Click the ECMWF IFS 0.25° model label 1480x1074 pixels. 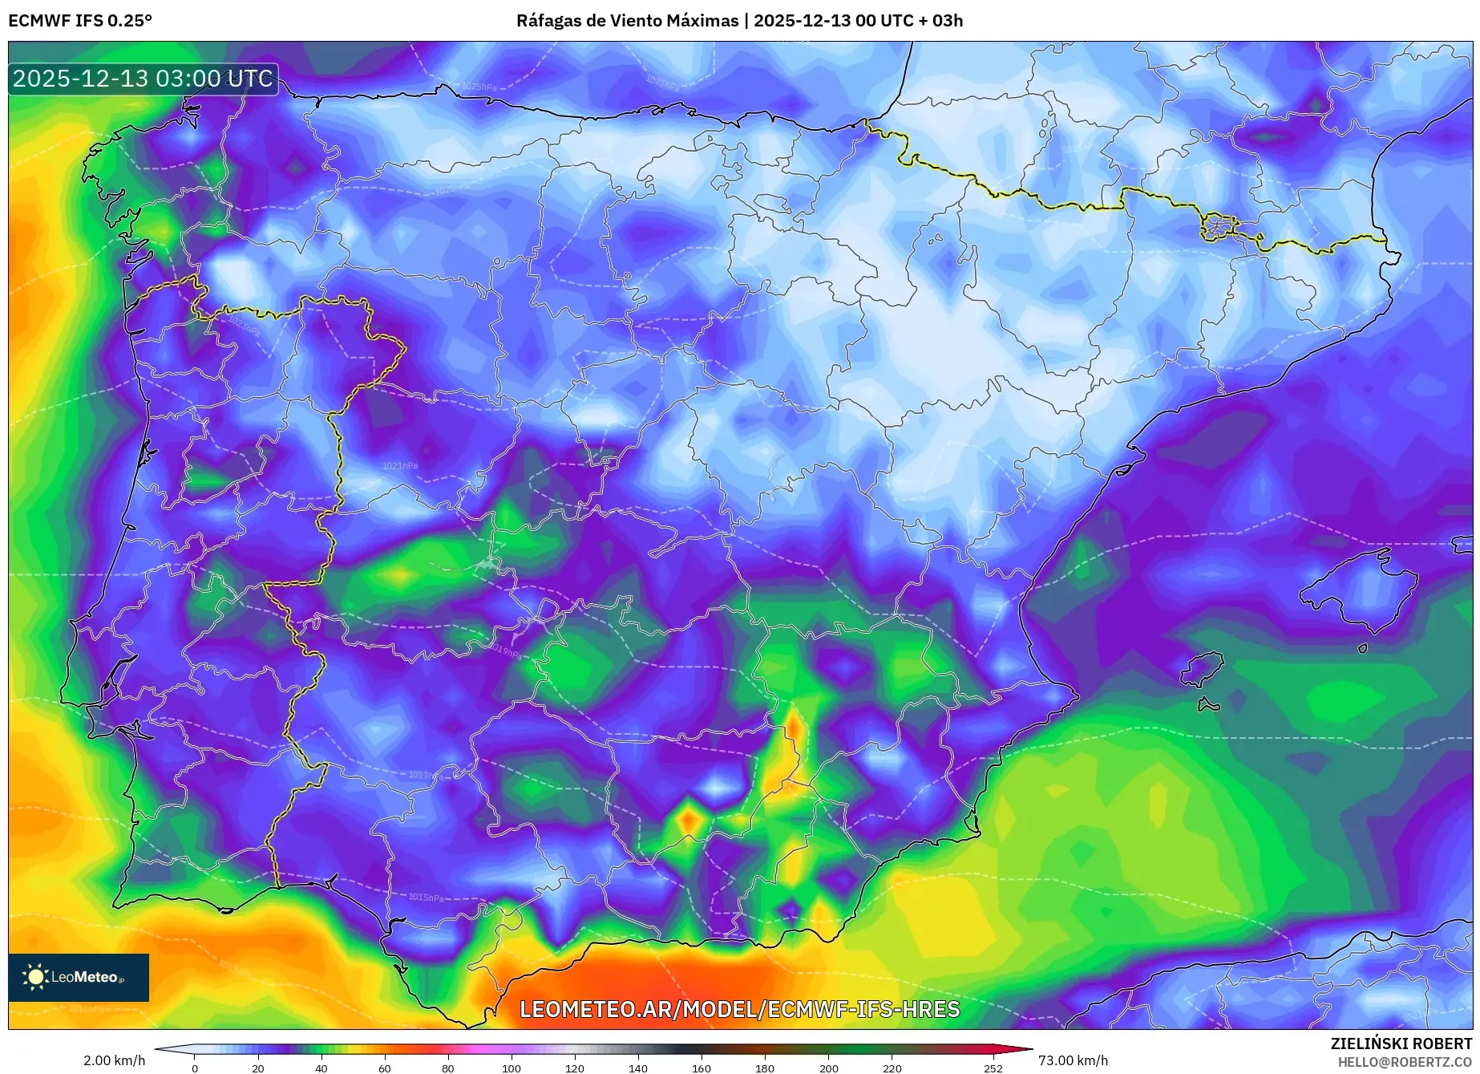tap(80, 21)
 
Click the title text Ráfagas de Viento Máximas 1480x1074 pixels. tap(627, 21)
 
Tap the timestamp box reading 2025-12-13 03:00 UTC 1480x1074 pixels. tap(143, 79)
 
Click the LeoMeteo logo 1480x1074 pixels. tap(78, 977)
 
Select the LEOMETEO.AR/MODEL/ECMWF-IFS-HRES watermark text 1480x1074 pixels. tap(739, 1009)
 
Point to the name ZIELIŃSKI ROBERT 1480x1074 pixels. tap(1401, 1044)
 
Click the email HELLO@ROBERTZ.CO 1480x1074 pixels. tap(1404, 1062)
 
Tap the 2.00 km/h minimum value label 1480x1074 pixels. tap(114, 1060)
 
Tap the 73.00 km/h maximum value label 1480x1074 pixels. tap(1073, 1060)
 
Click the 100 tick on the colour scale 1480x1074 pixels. tap(512, 1068)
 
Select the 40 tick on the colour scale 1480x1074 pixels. tap(321, 1068)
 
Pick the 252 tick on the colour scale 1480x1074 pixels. tap(993, 1068)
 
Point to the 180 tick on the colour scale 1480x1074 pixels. tap(765, 1068)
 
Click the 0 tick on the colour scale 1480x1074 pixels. tap(194, 1068)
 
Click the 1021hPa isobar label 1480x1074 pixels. tap(399, 466)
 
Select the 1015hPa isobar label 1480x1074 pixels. tap(425, 898)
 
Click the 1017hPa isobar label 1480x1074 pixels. tap(425, 775)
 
